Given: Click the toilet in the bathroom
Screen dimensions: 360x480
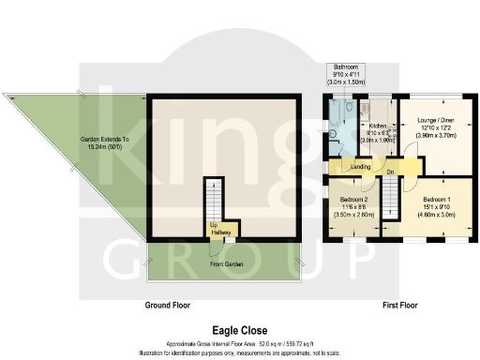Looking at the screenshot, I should coord(350,108).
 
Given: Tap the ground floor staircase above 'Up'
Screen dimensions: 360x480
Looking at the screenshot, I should coord(216,201).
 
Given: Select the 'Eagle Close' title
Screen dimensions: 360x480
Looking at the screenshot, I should coord(241,331).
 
